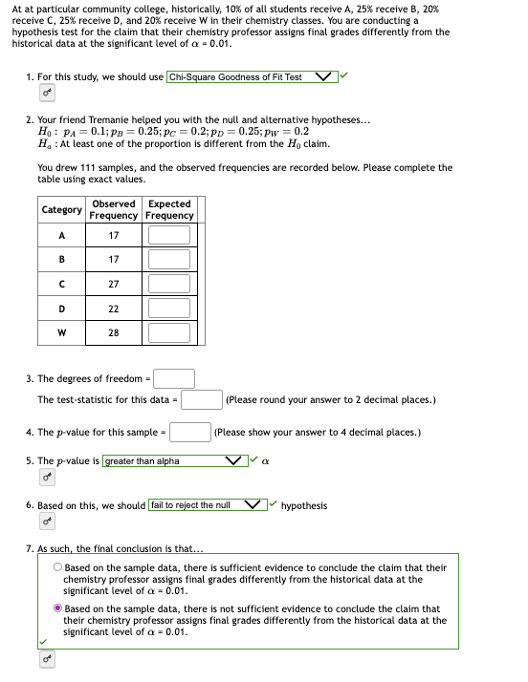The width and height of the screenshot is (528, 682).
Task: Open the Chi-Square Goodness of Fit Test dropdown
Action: point(252,76)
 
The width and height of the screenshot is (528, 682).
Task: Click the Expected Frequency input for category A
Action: point(168,234)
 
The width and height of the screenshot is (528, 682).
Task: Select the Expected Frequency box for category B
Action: point(168,259)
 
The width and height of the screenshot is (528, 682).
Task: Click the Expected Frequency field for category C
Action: point(168,284)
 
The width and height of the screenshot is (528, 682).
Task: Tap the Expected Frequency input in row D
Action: point(168,309)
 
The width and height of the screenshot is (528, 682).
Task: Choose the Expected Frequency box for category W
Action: point(168,333)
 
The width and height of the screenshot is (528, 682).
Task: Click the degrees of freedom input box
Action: point(174,378)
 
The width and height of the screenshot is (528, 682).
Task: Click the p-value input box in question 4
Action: point(190,432)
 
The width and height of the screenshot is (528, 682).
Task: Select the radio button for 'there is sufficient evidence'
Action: point(58,567)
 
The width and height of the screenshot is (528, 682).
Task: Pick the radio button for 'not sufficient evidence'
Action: point(58,608)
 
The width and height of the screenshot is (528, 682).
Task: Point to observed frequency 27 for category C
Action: point(113,284)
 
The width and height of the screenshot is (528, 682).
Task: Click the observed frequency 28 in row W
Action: point(113,333)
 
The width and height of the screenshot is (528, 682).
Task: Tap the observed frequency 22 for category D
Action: point(113,309)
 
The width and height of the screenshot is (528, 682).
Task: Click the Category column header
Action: point(61,209)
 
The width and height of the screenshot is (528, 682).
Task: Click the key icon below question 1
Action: point(46,94)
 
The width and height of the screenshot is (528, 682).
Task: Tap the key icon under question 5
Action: point(46,478)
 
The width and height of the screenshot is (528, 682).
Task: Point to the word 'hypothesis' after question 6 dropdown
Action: point(303,505)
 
